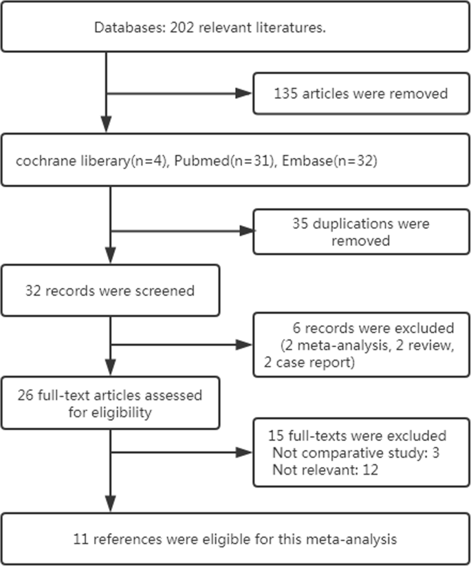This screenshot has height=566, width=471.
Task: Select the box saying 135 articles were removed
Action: tap(362, 94)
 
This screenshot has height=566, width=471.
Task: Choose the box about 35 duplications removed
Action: tap(362, 232)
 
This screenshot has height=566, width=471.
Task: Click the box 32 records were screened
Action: tap(110, 291)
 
